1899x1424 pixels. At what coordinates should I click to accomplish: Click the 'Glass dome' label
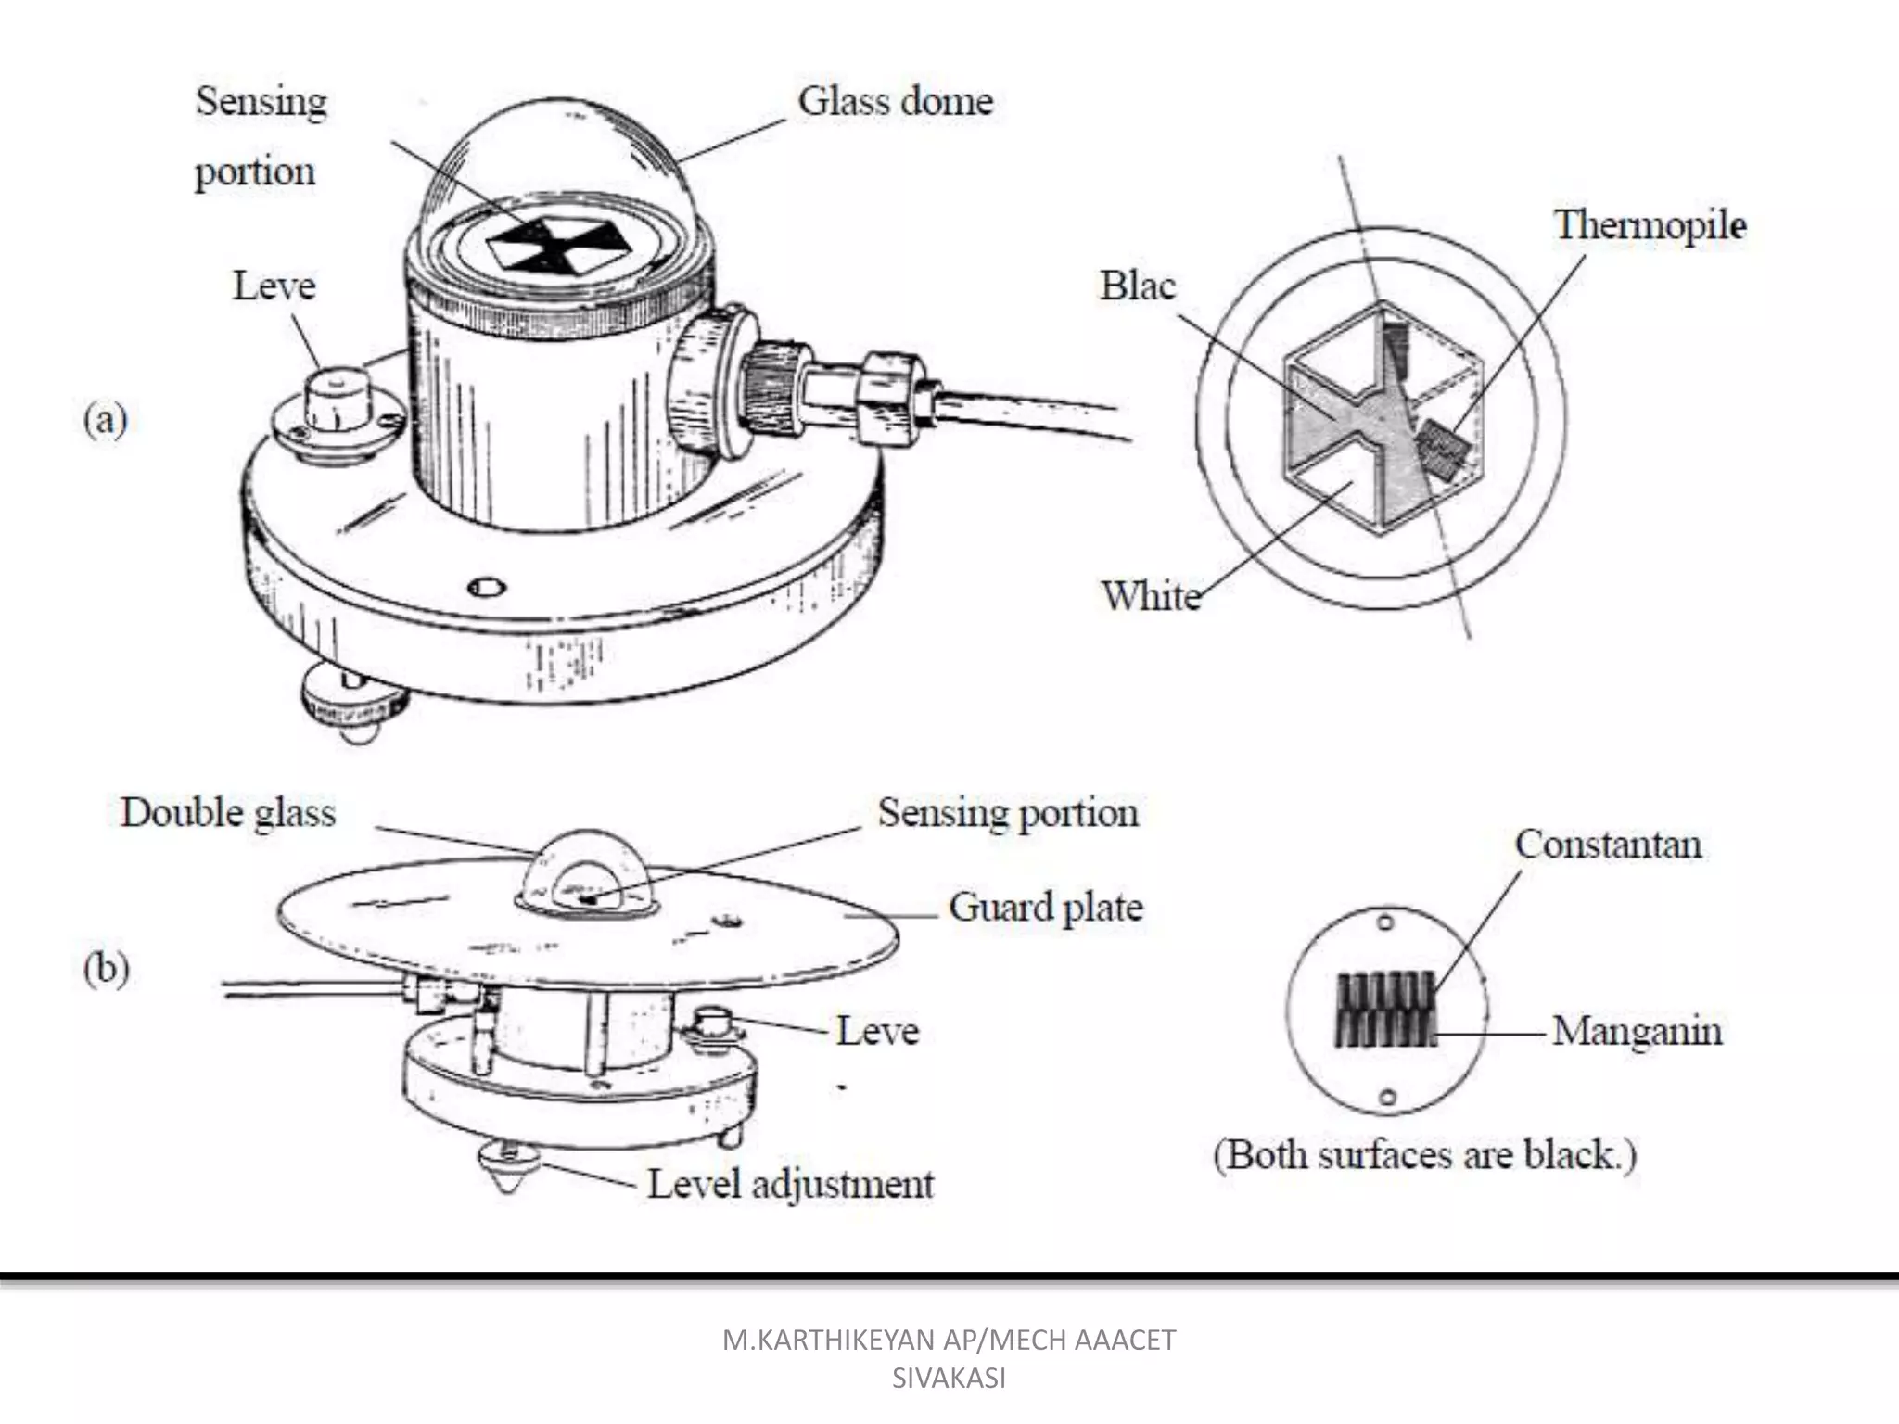click(x=895, y=101)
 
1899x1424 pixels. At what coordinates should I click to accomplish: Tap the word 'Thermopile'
click(x=1650, y=225)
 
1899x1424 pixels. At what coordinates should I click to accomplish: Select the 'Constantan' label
click(x=1608, y=845)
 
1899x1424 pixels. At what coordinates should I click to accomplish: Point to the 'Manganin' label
click(x=1637, y=1031)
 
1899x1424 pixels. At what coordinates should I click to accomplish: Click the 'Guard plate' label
click(x=1045, y=907)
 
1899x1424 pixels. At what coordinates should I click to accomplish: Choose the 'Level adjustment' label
click(x=790, y=1184)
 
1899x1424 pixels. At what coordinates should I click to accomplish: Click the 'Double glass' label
click(x=228, y=813)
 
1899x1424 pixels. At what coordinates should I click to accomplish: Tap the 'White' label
click(x=1151, y=595)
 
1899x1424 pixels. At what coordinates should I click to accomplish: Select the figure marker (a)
click(x=105, y=420)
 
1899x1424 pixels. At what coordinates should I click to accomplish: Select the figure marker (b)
click(x=106, y=970)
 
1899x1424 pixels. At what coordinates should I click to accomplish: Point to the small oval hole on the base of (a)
click(x=488, y=588)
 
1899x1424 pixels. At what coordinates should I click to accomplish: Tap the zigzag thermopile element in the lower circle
click(x=1385, y=1010)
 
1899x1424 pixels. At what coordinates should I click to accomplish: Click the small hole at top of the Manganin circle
click(x=1385, y=923)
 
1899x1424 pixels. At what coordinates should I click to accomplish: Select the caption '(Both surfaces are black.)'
click(x=1425, y=1155)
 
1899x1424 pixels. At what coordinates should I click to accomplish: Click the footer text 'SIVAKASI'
click(x=949, y=1379)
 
